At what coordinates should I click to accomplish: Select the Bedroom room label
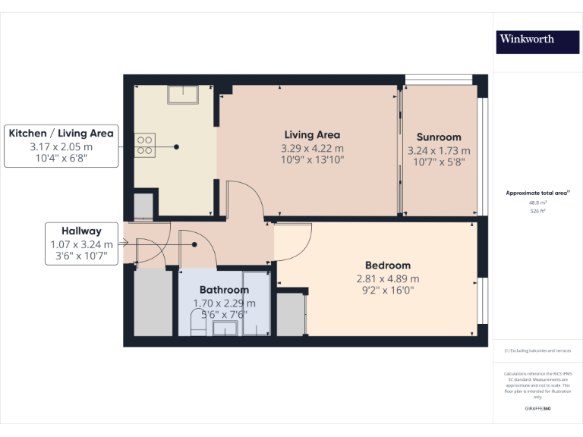(x=387, y=265)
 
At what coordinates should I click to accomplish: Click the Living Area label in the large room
(x=312, y=135)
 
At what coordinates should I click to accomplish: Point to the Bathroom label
(x=224, y=290)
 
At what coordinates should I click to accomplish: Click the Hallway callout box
(x=81, y=244)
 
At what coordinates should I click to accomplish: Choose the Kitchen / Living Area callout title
(x=61, y=133)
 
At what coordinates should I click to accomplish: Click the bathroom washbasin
(x=225, y=328)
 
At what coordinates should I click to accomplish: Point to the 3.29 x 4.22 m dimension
(x=312, y=148)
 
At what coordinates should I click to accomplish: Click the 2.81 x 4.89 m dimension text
(x=387, y=278)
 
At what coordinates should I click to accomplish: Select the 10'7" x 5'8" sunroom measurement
(x=439, y=162)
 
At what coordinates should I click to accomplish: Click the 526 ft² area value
(x=537, y=212)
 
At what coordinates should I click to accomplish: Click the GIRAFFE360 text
(x=537, y=409)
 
